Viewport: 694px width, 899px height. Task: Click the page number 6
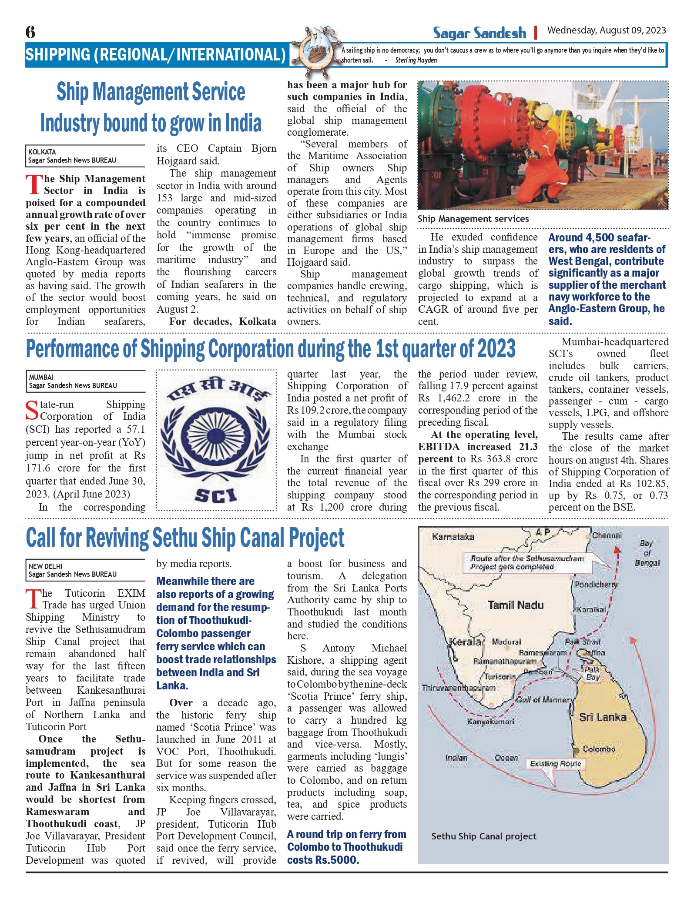click(30, 32)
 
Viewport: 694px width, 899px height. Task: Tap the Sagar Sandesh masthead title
click(479, 33)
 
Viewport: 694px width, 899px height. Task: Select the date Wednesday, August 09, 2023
click(606, 30)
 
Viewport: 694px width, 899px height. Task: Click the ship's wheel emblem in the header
click(314, 50)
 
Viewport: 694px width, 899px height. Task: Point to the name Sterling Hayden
click(416, 60)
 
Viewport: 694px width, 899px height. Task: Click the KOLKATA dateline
click(42, 152)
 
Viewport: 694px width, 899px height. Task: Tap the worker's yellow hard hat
click(542, 114)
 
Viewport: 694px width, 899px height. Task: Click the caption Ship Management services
click(473, 219)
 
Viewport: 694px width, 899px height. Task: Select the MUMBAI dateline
click(41, 377)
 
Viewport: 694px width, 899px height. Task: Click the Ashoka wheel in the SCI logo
click(216, 435)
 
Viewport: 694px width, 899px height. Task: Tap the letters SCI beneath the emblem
click(216, 495)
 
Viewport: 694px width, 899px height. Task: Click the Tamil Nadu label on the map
click(516, 605)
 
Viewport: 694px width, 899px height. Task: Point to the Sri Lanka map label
click(602, 717)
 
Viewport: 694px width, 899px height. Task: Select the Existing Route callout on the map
click(556, 764)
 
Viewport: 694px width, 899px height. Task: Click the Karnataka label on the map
click(453, 537)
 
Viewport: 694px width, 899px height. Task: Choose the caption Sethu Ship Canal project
click(484, 836)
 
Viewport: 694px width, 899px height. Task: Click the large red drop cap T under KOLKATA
click(34, 184)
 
